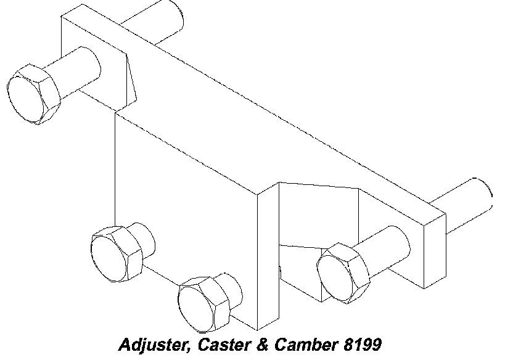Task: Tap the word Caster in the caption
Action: tap(215, 344)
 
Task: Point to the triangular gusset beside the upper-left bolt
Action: tap(129, 77)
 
